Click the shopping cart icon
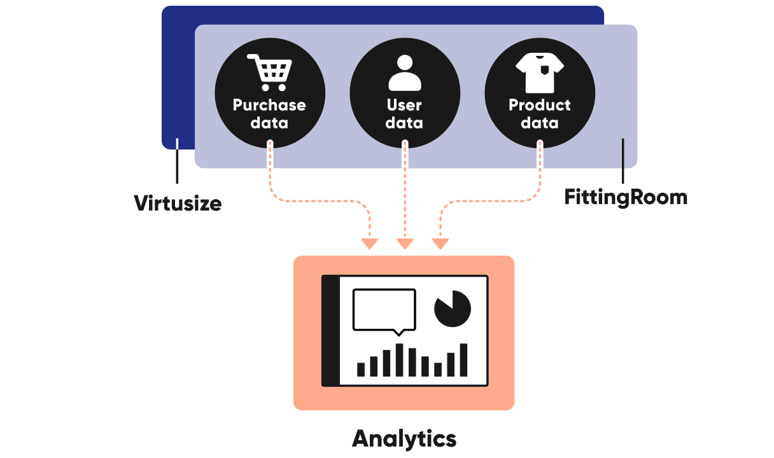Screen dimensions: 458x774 pyautogui.click(x=270, y=72)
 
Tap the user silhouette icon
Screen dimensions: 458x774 pyautogui.click(x=405, y=73)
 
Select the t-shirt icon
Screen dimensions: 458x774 pyautogui.click(x=540, y=72)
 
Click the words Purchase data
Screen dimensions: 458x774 pyautogui.click(x=269, y=114)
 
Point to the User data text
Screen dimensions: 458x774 pyautogui.click(x=405, y=114)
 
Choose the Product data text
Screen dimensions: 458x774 pyautogui.click(x=540, y=114)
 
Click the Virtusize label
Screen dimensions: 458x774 pyautogui.click(x=178, y=204)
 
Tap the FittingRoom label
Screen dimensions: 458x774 pyautogui.click(x=626, y=197)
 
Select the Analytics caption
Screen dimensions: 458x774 pyautogui.click(x=404, y=438)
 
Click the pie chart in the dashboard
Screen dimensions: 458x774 pyautogui.click(x=452, y=309)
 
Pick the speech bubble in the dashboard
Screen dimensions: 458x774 pyautogui.click(x=384, y=310)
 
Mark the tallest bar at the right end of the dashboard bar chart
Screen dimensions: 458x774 pyautogui.click(x=463, y=360)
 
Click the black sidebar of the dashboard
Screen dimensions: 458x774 pyautogui.click(x=330, y=331)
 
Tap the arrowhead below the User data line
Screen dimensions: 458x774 pyautogui.click(x=405, y=244)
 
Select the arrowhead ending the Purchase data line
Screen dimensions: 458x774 pyautogui.click(x=369, y=244)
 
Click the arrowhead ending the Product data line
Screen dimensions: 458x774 pyautogui.click(x=440, y=244)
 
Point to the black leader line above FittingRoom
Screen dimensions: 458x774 pyautogui.click(x=623, y=162)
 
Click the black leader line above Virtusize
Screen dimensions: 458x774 pyautogui.click(x=178, y=167)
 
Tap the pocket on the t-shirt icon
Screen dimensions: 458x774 pyautogui.click(x=544, y=69)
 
